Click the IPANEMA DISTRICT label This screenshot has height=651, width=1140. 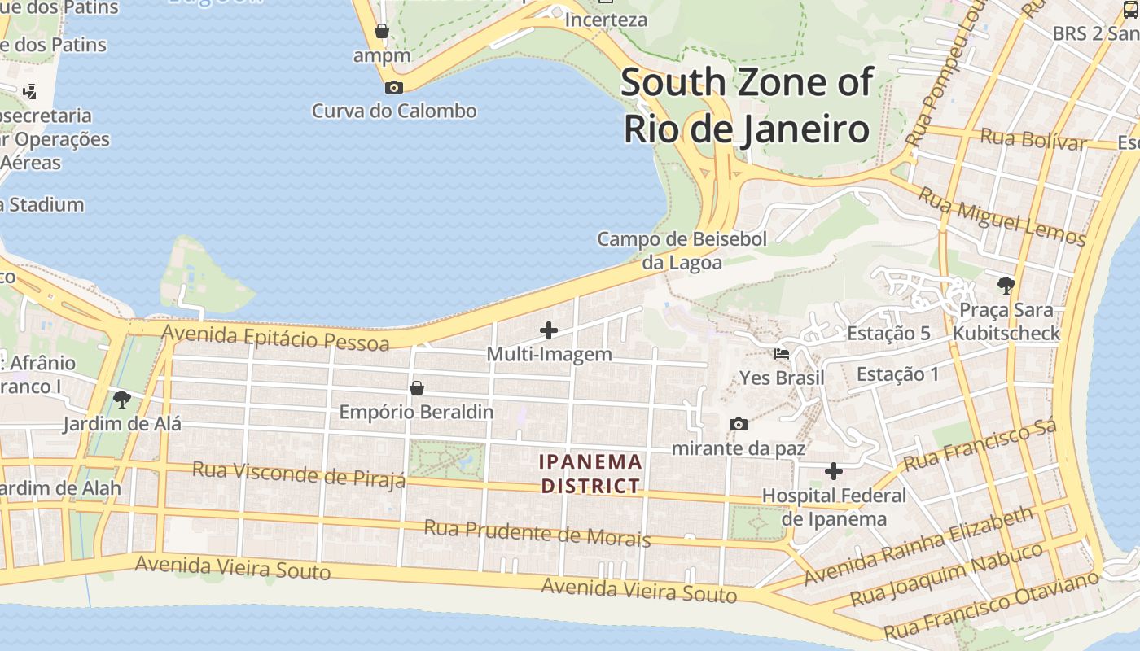[591, 474]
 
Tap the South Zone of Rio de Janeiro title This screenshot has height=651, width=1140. [747, 106]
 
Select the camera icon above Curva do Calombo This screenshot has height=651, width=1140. [394, 87]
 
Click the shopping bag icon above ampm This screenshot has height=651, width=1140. [381, 32]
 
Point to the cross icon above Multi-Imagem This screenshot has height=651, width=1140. [549, 330]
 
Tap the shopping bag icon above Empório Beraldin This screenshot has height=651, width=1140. [416, 387]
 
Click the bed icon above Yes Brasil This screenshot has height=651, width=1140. [781, 354]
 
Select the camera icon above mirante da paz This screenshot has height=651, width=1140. [739, 424]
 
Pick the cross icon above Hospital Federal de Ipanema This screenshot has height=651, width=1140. [833, 471]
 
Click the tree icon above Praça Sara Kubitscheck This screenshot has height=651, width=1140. [1006, 285]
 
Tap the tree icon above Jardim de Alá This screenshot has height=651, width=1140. [122, 399]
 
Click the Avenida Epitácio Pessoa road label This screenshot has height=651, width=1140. [275, 337]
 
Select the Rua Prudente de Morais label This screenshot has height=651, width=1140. [537, 533]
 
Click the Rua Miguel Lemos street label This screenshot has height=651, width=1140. [1002, 216]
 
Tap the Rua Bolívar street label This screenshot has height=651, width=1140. [1033, 139]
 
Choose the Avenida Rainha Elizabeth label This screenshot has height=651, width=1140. [919, 545]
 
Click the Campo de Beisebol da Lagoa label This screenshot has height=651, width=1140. [682, 251]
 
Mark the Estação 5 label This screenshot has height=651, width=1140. [888, 334]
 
